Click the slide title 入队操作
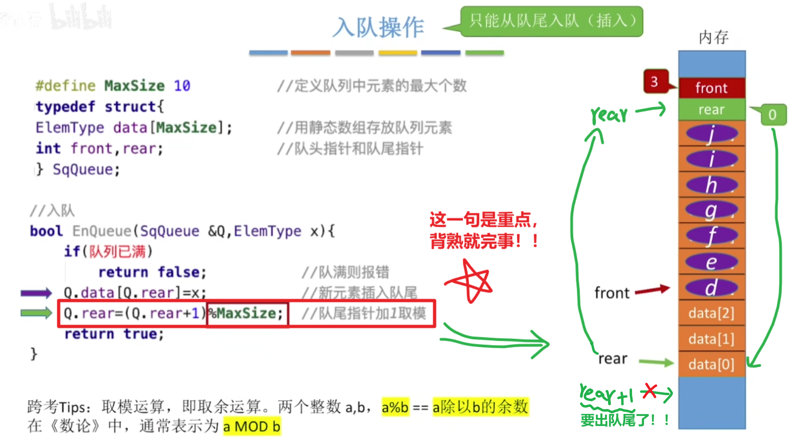[378, 27]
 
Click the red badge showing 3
[655, 81]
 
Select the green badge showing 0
[772, 115]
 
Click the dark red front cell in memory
[712, 88]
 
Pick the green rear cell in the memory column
[712, 110]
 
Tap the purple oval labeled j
[712, 134]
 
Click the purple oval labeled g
[712, 210]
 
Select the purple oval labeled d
[712, 287]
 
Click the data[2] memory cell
[712, 313]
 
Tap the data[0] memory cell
[712, 364]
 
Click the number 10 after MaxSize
[182, 86]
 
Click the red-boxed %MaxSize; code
[247, 313]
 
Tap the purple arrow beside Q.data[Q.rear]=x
[36, 293]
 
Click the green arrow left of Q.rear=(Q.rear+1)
[36, 313]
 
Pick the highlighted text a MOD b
[252, 426]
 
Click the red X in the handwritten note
[650, 391]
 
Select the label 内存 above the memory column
[714, 38]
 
